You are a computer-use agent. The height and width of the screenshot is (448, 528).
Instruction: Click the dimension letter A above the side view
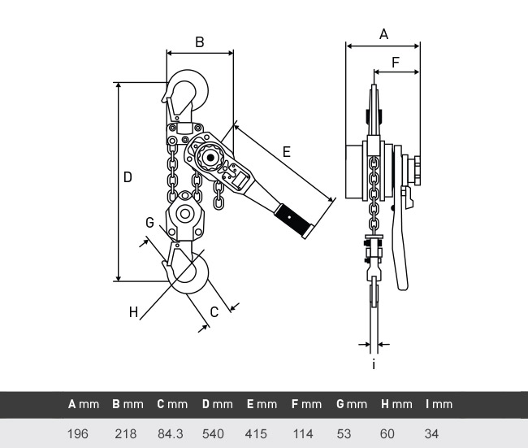click(383, 34)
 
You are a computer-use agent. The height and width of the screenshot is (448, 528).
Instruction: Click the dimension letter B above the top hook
click(200, 42)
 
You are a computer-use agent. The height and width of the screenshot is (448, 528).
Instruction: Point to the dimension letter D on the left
click(128, 177)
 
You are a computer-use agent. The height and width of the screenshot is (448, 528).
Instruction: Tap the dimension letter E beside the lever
click(287, 152)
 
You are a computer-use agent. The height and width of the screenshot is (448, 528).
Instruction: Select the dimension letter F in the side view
click(396, 63)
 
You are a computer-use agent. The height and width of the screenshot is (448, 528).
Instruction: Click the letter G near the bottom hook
click(149, 223)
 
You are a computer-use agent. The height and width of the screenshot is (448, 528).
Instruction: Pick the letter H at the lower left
click(134, 312)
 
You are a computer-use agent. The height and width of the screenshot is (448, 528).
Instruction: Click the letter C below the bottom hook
click(214, 312)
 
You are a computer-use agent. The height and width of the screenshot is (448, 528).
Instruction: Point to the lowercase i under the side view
click(374, 365)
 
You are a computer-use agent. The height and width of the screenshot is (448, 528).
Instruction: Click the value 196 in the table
click(78, 434)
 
